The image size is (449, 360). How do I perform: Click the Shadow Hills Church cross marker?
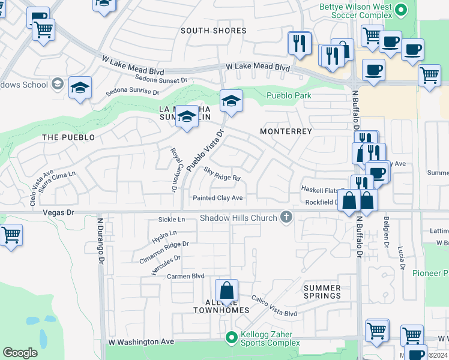pyautogui.click(x=286, y=218)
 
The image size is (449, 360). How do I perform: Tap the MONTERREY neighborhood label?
pyautogui.click(x=286, y=131)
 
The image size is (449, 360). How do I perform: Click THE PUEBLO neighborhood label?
pyautogui.click(x=68, y=137)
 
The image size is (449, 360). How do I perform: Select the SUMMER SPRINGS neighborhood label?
pyautogui.click(x=322, y=292)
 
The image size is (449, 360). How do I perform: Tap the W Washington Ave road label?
pyautogui.click(x=141, y=341)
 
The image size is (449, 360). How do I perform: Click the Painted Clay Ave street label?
pyautogui.click(x=217, y=198)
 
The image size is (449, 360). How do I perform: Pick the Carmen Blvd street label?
pyautogui.click(x=185, y=277)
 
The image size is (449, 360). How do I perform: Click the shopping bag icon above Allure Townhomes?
pyautogui.click(x=227, y=291)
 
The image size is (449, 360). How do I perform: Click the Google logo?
pyautogui.click(x=20, y=352)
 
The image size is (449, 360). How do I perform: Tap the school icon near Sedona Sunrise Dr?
pyautogui.click(x=80, y=88)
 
